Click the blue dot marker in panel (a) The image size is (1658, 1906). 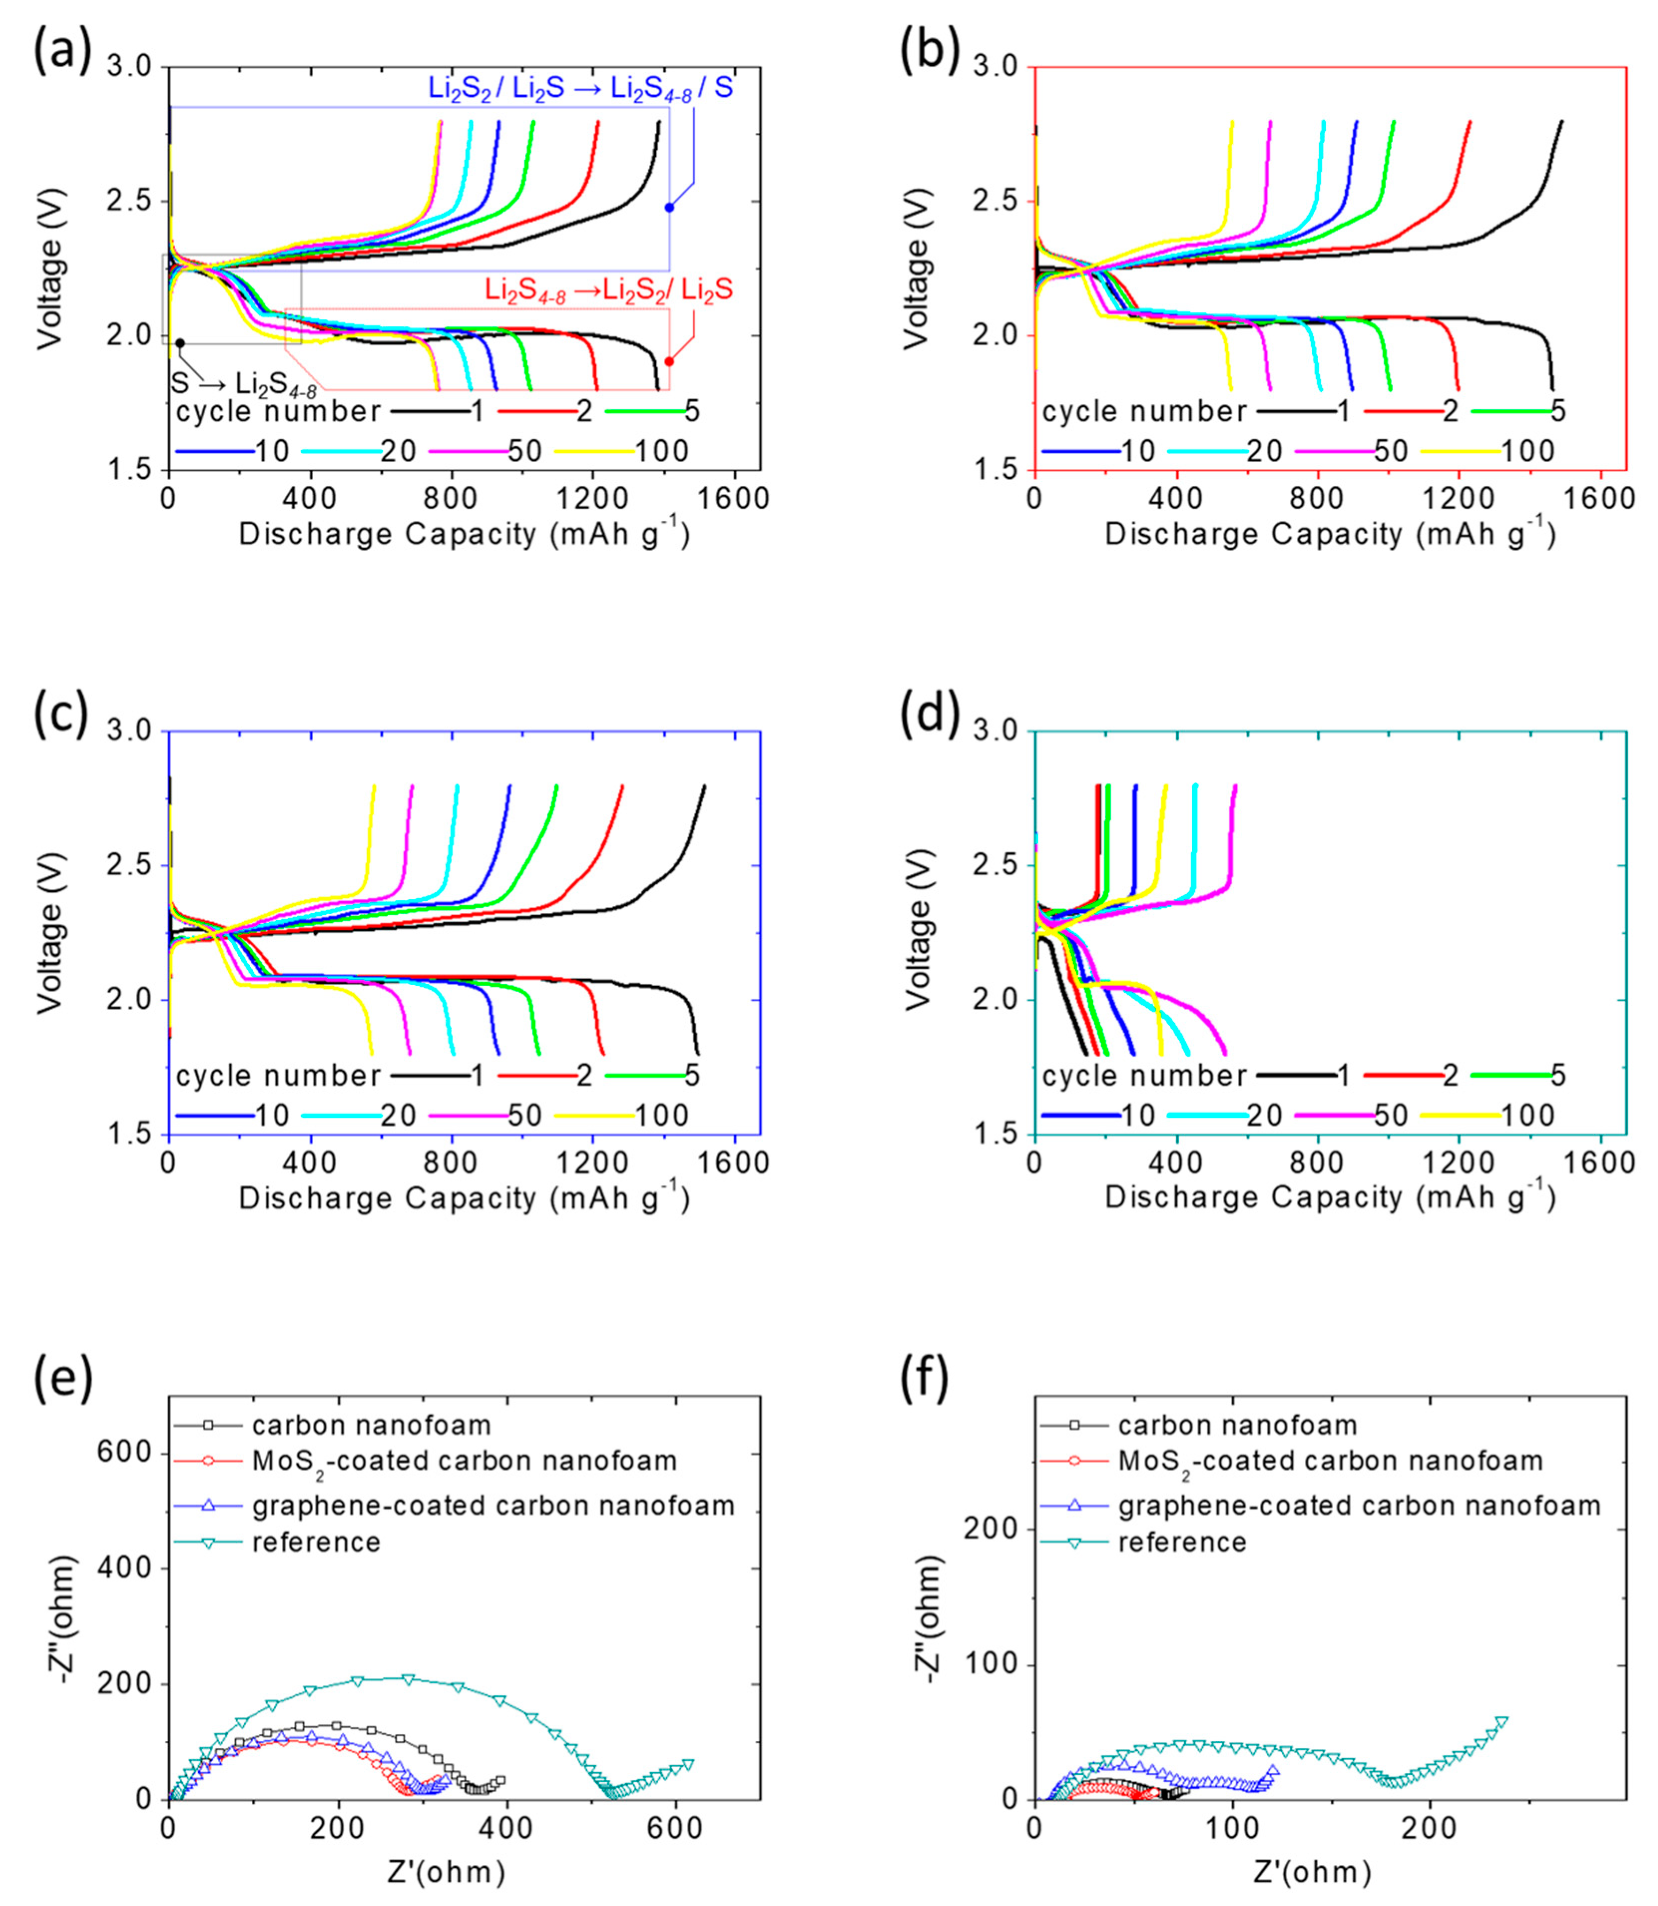669,207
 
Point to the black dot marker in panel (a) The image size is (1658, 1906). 180,343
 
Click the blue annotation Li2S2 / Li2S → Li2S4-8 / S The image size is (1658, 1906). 580,88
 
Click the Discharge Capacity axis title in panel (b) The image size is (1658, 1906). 1330,535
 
